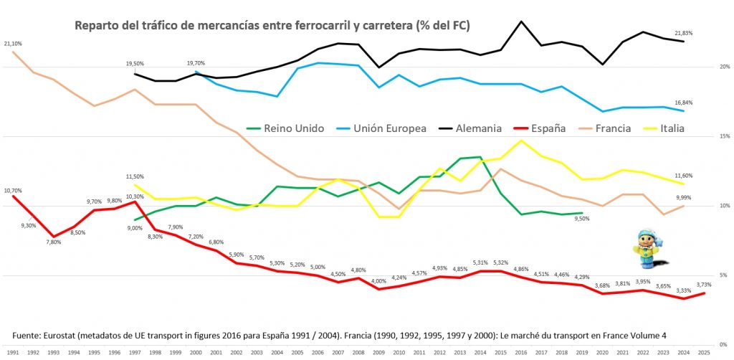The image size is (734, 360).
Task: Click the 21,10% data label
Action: point(13,44)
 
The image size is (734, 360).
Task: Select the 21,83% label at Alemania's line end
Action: point(684,33)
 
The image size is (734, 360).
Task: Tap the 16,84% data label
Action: point(684,103)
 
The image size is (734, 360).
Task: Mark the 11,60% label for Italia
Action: point(684,176)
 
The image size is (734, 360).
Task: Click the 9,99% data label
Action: point(684,198)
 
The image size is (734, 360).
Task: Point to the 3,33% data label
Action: point(683,290)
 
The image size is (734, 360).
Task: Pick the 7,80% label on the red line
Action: point(53,242)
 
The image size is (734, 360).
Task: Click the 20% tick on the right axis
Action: point(725,67)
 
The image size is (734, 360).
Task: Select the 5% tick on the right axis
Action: point(725,275)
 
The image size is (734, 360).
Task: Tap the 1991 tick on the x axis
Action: point(13,354)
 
